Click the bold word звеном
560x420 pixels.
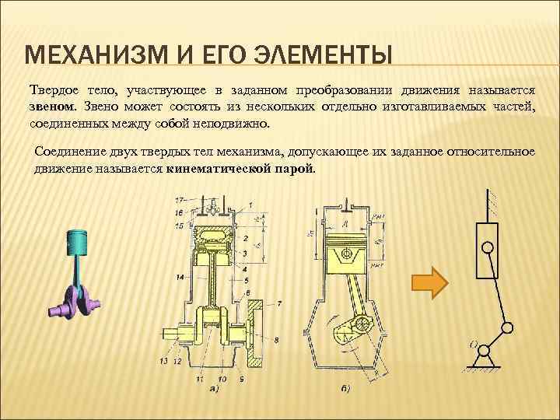coord(52,105)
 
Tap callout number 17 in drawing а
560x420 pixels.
coord(180,201)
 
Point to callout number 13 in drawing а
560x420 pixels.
coord(164,362)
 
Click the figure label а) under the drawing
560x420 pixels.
coord(215,389)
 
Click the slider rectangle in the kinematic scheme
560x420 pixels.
coord(487,249)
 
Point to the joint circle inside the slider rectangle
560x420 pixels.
coord(487,247)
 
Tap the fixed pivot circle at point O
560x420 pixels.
coord(483,354)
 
